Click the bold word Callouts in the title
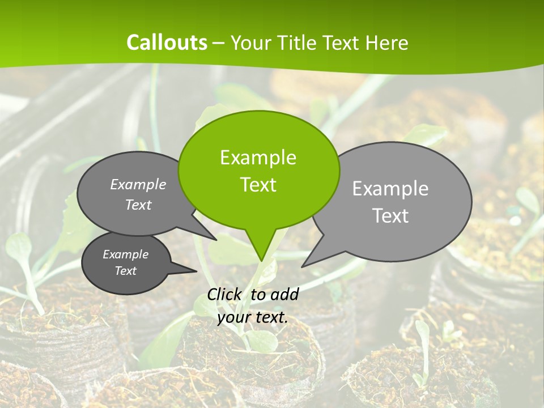coord(167,42)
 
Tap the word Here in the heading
coord(388,43)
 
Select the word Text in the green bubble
coord(258,185)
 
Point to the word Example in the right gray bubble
coord(390,188)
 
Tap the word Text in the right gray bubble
coord(390,216)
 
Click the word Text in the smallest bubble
coord(126,271)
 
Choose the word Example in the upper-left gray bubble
coord(138,185)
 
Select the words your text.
coord(252,317)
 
